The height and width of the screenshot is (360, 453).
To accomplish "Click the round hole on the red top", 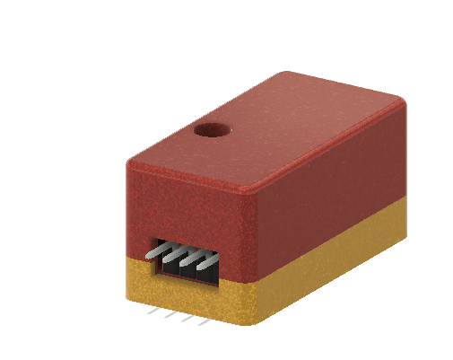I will pos(212,130).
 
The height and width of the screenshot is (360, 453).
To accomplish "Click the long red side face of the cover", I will pos(332,189).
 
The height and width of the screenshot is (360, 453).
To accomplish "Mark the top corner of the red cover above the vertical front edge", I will pos(255,189).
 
